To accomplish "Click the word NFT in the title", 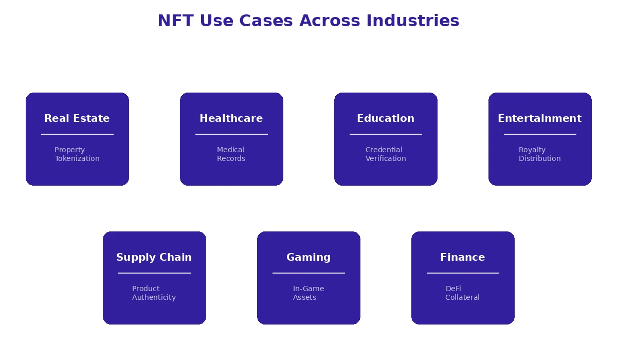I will (175, 21).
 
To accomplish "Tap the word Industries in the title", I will (412, 21).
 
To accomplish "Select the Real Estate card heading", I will (77, 118).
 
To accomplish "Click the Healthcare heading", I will (231, 118).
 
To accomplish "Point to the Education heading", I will (386, 118).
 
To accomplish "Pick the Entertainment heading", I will (540, 118).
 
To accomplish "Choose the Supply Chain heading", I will (154, 257).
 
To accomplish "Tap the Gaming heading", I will (308, 257).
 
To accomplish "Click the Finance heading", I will (463, 257).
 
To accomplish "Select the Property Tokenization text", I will (77, 154).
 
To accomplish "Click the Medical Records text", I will (231, 154).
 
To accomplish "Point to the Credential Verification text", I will (386, 154).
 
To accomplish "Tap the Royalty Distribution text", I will (540, 154).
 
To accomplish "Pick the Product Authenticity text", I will (154, 293).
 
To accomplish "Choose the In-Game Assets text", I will (308, 293).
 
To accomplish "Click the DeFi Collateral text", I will (463, 293).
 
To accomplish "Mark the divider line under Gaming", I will (308, 273).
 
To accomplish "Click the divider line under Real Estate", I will (77, 134).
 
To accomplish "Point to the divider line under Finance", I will (463, 273).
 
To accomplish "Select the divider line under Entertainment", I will (540, 134).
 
